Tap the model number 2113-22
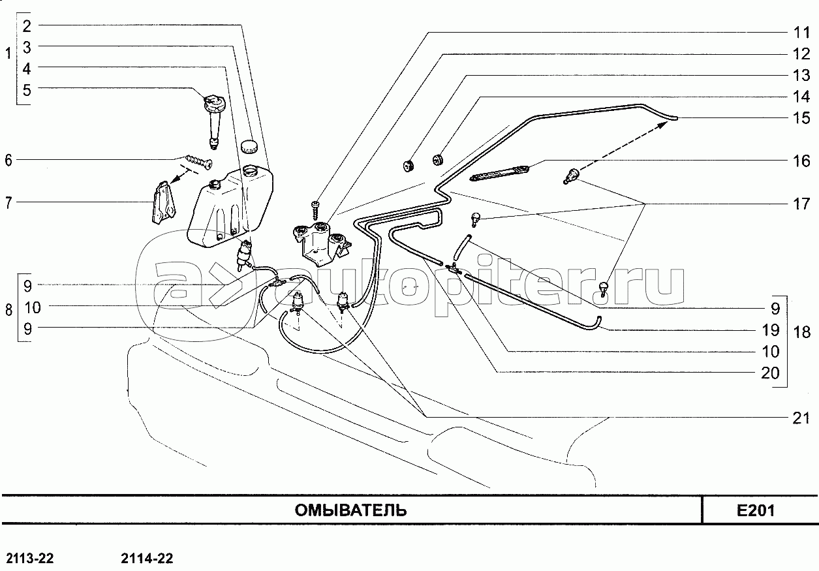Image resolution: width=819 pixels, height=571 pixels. coord(29,558)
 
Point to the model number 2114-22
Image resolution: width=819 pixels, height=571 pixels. coord(147,558)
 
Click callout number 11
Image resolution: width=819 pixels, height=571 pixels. coord(801,32)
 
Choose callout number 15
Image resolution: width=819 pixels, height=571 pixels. coord(801,118)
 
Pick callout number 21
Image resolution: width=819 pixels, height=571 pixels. coord(801,418)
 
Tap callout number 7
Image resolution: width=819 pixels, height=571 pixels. coord(8,202)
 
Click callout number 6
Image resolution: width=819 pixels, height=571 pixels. coord(8,159)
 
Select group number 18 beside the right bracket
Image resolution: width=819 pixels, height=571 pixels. coord(803,332)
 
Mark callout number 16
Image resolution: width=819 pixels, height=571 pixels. coord(801,161)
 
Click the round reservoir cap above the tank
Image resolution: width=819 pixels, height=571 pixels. coord(247,145)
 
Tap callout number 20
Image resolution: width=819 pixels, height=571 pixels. coord(771,373)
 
